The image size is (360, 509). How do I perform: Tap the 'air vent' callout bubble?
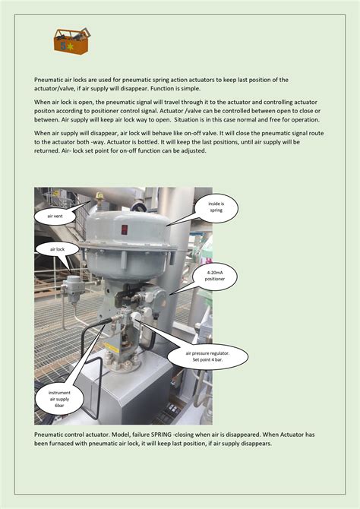tap(55, 216)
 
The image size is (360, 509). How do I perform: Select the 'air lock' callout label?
tap(58, 248)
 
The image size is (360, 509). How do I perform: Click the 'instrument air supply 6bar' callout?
tap(59, 397)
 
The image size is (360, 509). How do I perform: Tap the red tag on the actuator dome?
tap(124, 229)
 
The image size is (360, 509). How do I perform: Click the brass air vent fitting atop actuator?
tap(99, 199)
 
